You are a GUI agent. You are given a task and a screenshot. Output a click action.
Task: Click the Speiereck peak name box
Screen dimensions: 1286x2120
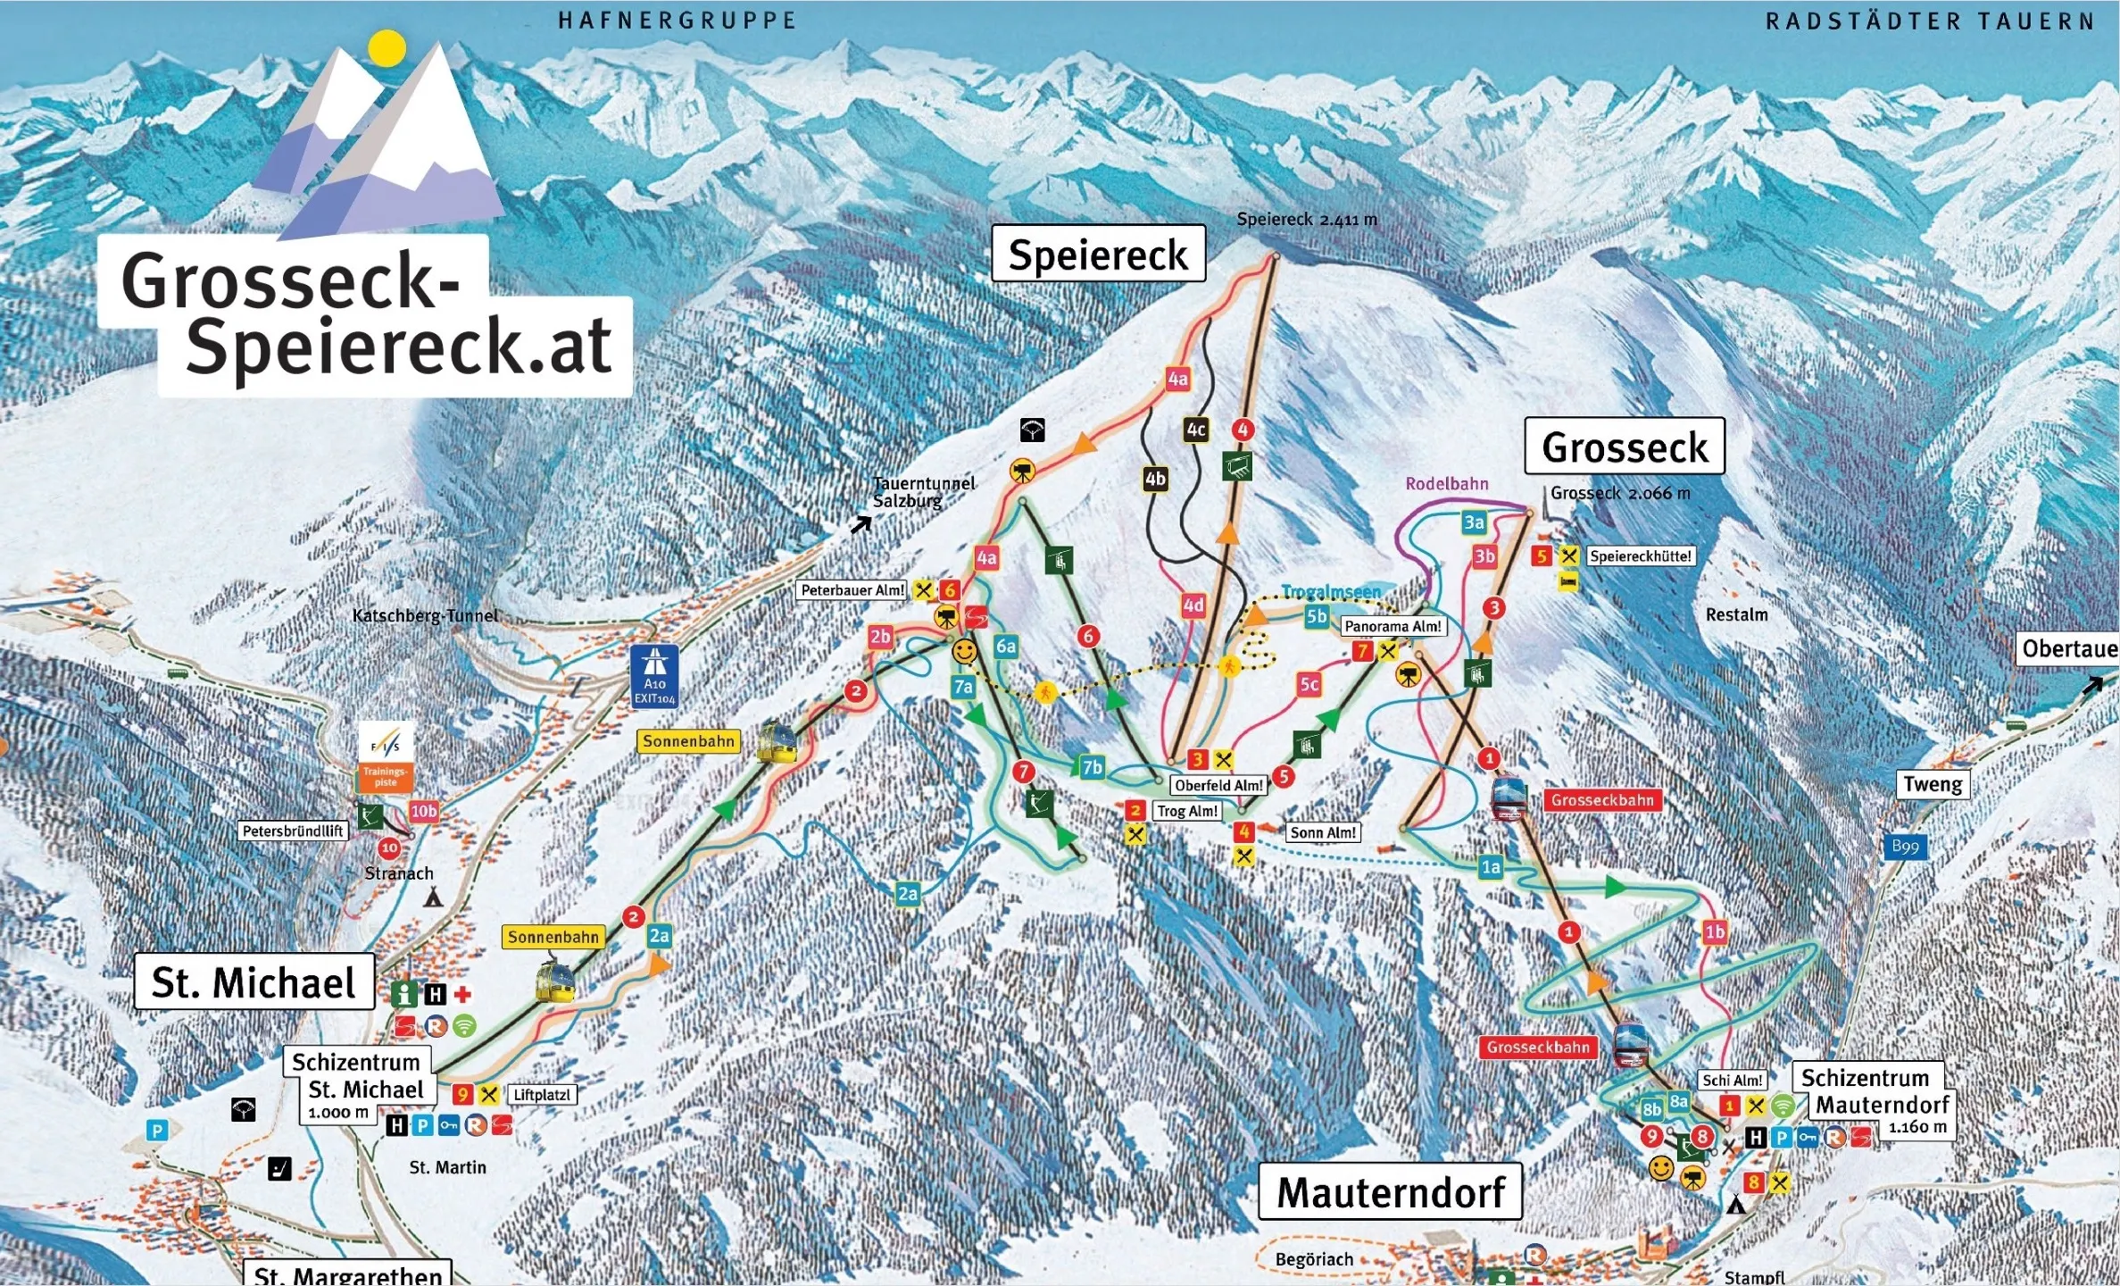pos(1098,255)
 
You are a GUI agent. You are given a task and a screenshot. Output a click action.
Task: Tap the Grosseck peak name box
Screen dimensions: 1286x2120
pos(1624,447)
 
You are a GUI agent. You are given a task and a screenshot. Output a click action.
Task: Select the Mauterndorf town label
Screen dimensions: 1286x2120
pos(1390,1192)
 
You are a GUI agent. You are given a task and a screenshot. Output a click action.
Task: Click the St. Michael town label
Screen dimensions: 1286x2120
pos(254,982)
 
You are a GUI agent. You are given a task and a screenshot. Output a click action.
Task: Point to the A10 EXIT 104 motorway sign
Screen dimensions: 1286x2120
pos(654,677)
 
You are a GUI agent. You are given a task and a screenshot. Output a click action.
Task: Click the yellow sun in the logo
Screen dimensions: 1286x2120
pos(387,47)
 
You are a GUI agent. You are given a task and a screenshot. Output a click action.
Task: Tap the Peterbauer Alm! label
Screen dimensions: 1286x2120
pos(852,590)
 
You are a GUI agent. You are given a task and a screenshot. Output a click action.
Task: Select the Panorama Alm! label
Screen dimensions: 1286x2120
pos(1393,626)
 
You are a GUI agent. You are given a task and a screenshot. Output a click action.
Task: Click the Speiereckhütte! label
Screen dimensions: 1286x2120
pos(1640,556)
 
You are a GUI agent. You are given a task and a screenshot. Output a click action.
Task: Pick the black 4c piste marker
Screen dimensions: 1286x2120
pos(1195,430)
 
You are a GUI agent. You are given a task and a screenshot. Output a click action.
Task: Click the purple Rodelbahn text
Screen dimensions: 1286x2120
pos(1446,484)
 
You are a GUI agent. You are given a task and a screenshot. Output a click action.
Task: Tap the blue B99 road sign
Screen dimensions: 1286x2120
pos(1904,847)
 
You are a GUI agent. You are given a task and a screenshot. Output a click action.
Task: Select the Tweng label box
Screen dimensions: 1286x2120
pos(1932,784)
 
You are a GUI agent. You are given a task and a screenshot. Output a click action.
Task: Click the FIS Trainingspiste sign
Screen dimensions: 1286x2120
pos(386,757)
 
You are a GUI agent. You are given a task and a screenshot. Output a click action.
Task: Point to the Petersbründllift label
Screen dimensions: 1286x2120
pos(293,831)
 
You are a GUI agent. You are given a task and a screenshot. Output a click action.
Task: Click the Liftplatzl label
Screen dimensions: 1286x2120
pos(541,1095)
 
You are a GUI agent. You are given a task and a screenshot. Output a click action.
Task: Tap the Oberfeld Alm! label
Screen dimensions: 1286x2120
pos(1218,786)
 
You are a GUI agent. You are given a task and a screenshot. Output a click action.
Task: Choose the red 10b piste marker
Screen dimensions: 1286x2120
pos(423,811)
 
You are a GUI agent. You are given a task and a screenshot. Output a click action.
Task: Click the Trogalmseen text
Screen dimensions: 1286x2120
pos(1331,591)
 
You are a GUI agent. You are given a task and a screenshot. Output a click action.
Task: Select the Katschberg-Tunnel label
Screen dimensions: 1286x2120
pos(425,615)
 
